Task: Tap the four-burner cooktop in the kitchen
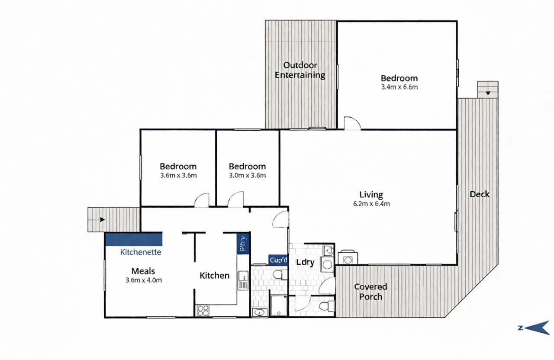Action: click(x=203, y=311)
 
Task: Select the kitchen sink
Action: click(x=243, y=281)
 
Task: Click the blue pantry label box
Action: click(x=243, y=243)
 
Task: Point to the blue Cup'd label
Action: click(x=278, y=260)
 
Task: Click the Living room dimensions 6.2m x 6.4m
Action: click(x=371, y=204)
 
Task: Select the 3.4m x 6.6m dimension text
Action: click(x=399, y=87)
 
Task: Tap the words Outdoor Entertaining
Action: click(x=300, y=70)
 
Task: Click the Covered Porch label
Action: click(x=371, y=292)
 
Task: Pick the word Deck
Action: click(x=480, y=194)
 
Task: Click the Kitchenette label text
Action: click(x=141, y=252)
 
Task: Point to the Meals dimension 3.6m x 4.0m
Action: click(x=144, y=280)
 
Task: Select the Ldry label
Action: click(x=306, y=262)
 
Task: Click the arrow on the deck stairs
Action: click(x=488, y=93)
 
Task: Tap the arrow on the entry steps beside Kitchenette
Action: click(x=97, y=219)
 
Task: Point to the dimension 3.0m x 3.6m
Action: click(x=247, y=176)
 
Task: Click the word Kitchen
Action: click(x=215, y=276)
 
